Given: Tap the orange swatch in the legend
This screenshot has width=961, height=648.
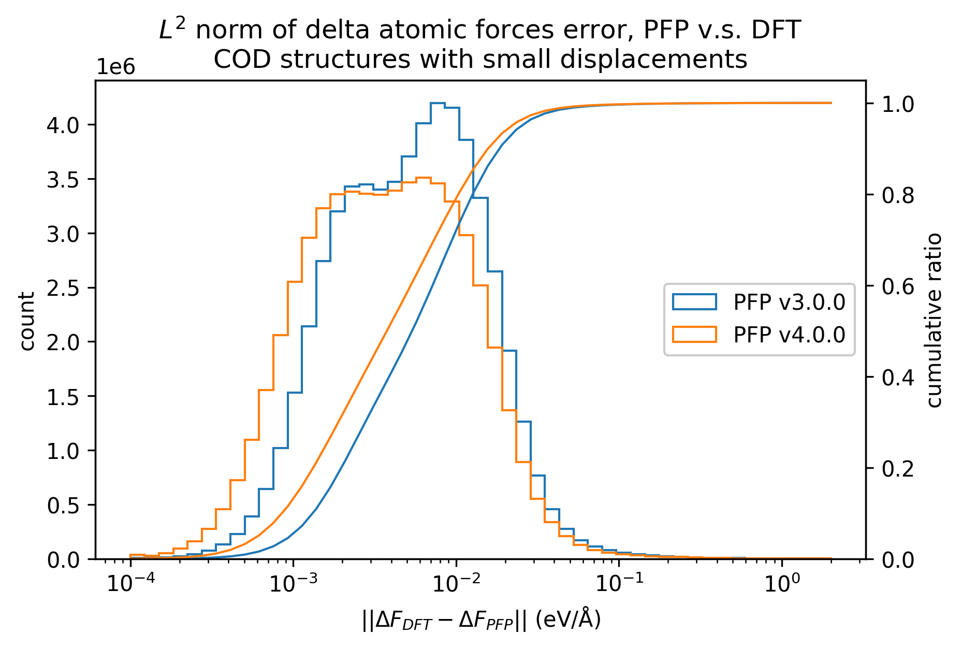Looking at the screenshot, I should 694,335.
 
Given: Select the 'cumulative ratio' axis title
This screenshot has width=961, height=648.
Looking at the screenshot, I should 935,320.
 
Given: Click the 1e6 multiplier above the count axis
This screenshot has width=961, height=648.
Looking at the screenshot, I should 116,67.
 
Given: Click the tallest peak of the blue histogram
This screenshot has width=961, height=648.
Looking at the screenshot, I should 438,103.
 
